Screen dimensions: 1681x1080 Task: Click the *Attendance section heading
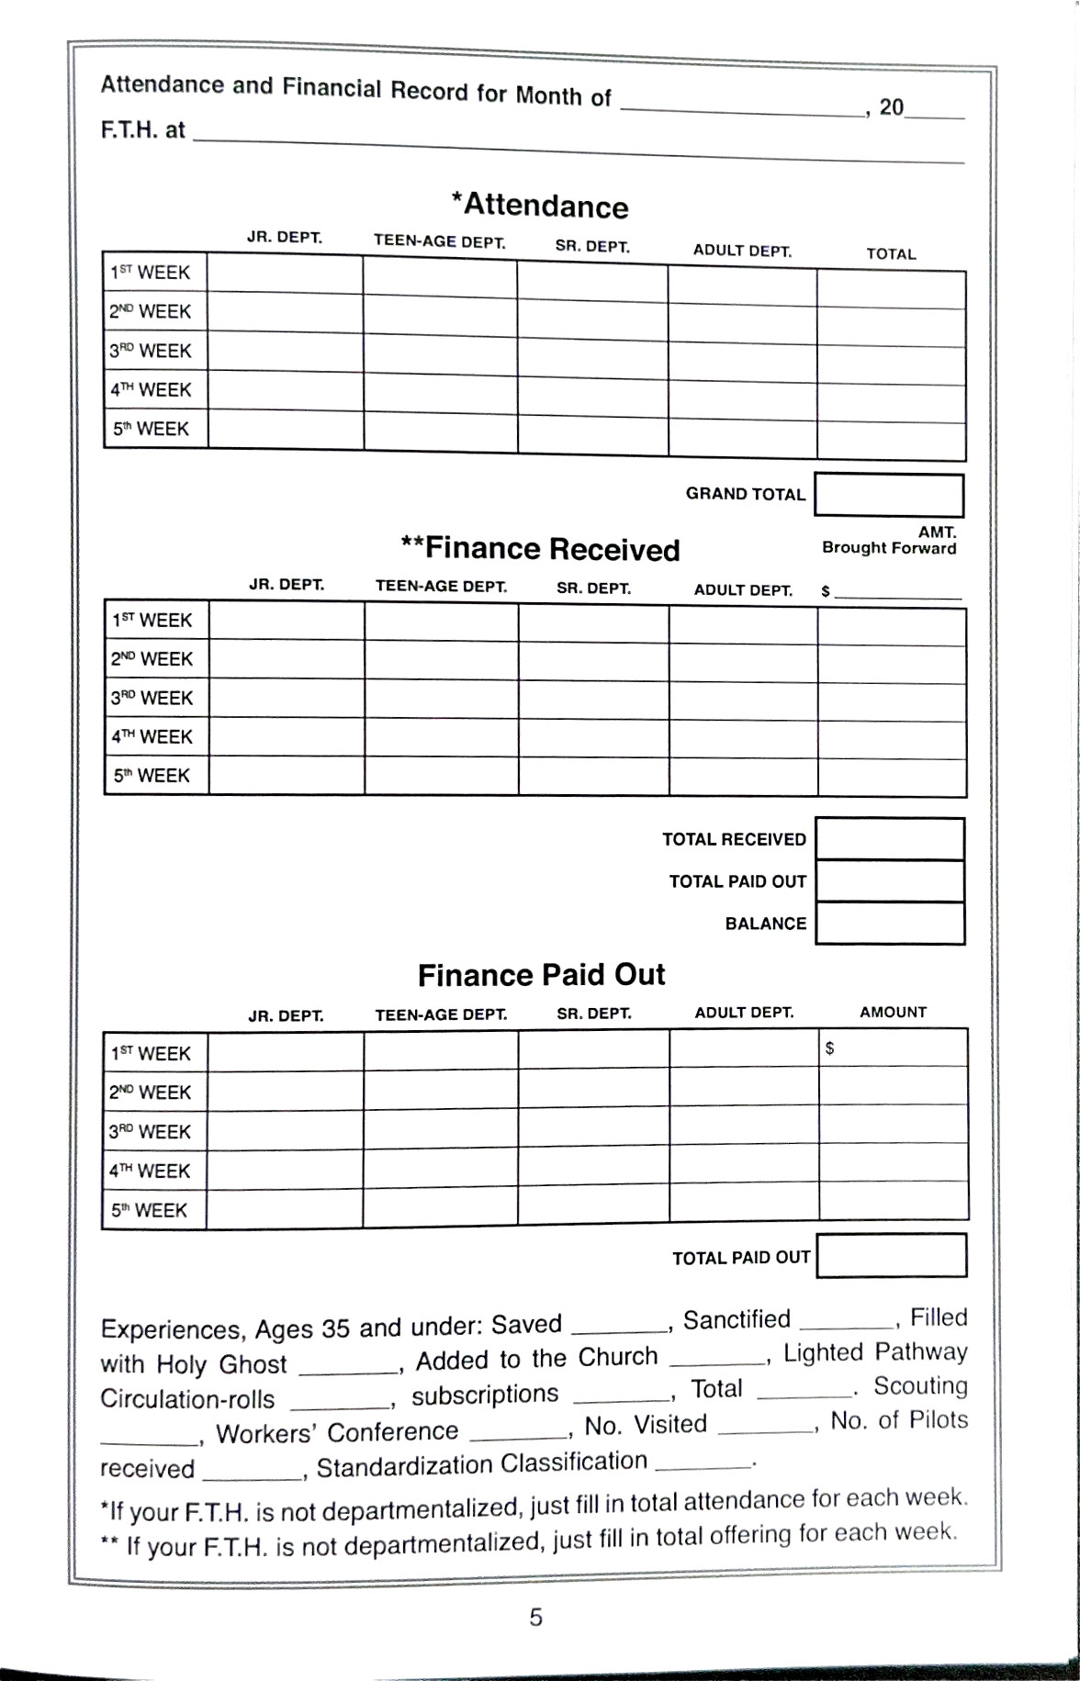point(540,205)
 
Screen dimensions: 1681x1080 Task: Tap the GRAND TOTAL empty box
point(888,496)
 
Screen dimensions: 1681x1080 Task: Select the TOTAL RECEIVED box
point(889,838)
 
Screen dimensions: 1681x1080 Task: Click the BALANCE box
point(889,924)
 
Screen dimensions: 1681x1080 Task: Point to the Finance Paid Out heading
point(541,975)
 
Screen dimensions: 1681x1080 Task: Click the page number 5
point(536,1617)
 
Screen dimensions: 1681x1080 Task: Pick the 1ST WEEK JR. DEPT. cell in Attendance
point(285,274)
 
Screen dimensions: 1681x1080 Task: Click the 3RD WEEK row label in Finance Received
point(152,698)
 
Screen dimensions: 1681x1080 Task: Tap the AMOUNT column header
point(893,1012)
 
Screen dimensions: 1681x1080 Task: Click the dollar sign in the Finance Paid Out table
point(829,1048)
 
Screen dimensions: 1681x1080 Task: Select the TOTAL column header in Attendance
point(891,254)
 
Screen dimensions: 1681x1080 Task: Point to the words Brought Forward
point(888,548)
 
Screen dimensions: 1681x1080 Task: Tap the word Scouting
point(920,1385)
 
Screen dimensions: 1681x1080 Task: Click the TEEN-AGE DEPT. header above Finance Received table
point(441,587)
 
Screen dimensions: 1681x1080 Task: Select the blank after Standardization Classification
point(703,1460)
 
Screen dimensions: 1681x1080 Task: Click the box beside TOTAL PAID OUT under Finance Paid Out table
point(891,1256)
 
